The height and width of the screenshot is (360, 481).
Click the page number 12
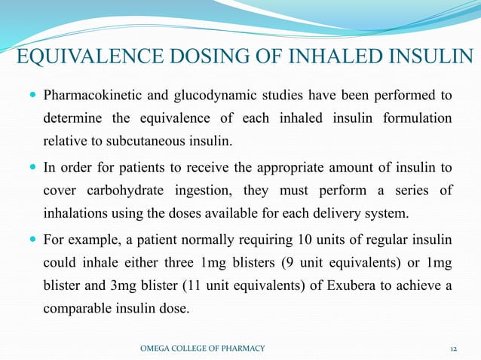click(453, 347)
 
